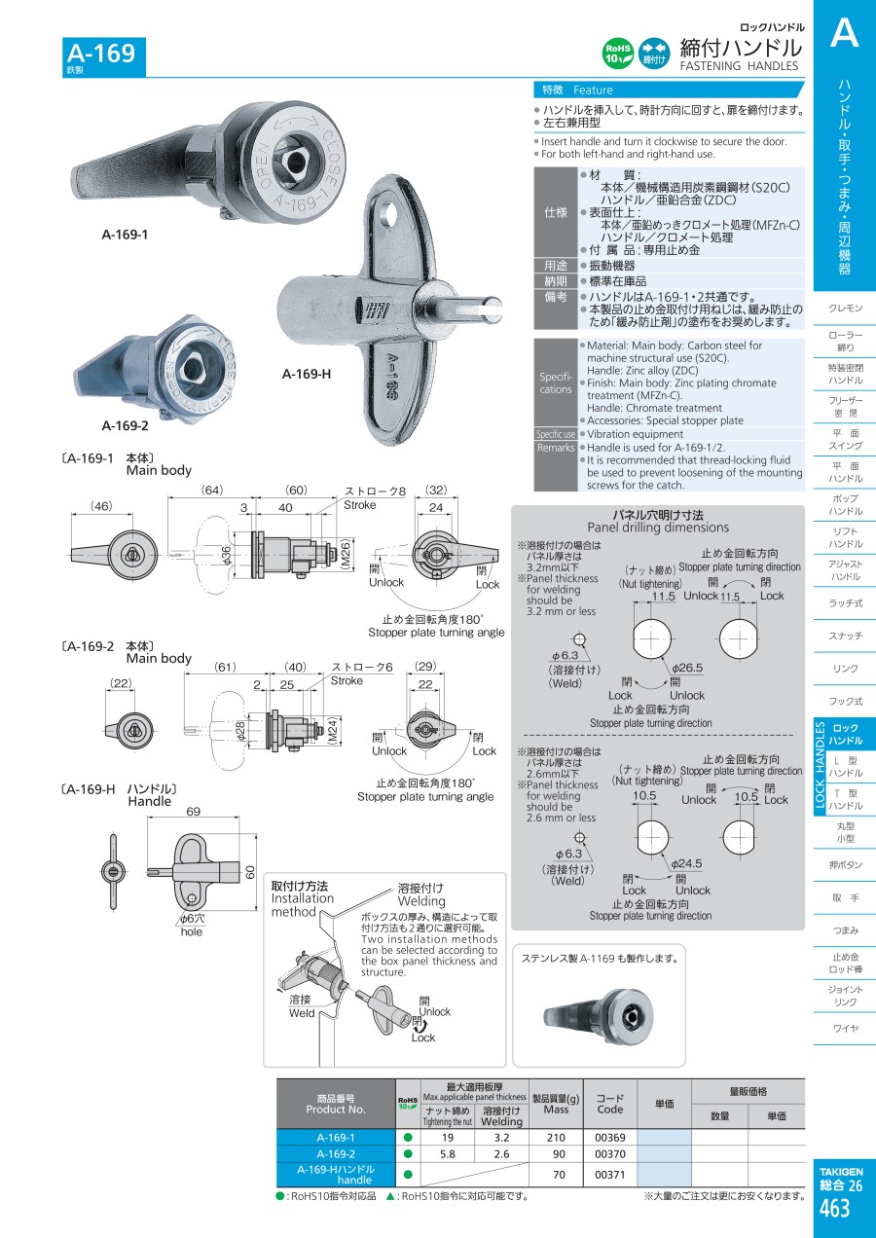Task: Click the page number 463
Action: pyautogui.click(x=834, y=1209)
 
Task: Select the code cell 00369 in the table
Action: pyautogui.click(x=609, y=1137)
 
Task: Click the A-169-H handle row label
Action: pyautogui.click(x=335, y=1174)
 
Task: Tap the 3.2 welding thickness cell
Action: pyautogui.click(x=501, y=1137)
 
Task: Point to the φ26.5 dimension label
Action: pyautogui.click(x=687, y=668)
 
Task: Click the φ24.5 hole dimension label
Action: pyautogui.click(x=686, y=863)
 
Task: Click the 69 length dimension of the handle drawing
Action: pyautogui.click(x=193, y=812)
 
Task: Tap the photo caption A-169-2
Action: pyautogui.click(x=125, y=425)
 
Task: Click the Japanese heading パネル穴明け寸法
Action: pyautogui.click(x=658, y=515)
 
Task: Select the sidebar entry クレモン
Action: pyautogui.click(x=845, y=308)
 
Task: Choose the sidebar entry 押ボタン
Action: pyautogui.click(x=845, y=864)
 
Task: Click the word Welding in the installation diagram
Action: pyautogui.click(x=420, y=901)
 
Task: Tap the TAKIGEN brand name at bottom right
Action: pyautogui.click(x=840, y=1172)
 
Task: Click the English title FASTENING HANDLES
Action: pyautogui.click(x=738, y=66)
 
